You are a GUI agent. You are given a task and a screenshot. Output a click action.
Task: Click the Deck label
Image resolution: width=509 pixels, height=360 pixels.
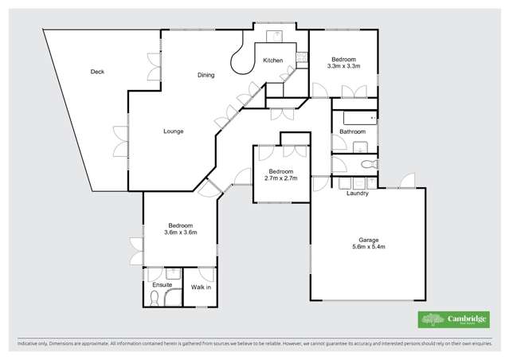pyautogui.click(x=97, y=72)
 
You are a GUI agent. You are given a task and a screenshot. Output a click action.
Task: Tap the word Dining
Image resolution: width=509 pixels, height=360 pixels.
pyautogui.click(x=206, y=75)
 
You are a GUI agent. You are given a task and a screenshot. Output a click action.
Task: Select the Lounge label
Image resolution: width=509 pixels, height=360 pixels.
pyautogui.click(x=174, y=131)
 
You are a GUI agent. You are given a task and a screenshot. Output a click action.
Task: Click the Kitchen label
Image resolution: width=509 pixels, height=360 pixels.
pyautogui.click(x=272, y=61)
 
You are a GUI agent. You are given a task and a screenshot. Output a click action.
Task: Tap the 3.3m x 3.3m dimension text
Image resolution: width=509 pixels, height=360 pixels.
pyautogui.click(x=344, y=67)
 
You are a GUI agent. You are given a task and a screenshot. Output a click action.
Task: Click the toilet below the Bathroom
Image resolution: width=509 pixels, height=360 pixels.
pyautogui.click(x=368, y=165)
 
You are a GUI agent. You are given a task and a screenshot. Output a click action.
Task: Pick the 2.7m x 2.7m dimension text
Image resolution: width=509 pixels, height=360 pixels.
pyautogui.click(x=281, y=179)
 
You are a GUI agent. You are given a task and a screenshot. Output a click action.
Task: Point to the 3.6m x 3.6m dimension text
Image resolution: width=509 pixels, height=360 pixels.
pyautogui.click(x=180, y=233)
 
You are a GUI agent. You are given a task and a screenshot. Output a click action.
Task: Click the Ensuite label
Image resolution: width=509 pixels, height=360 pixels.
pyautogui.click(x=162, y=285)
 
